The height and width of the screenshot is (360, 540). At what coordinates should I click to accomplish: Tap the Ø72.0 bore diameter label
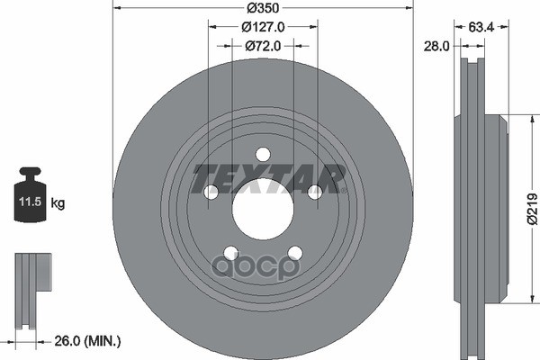click(x=262, y=45)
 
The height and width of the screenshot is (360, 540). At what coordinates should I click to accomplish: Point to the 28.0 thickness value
click(x=436, y=45)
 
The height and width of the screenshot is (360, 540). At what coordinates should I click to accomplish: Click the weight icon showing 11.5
click(x=31, y=193)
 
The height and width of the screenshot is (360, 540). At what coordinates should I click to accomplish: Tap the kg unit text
click(x=58, y=204)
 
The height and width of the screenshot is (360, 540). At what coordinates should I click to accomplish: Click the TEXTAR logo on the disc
click(x=269, y=177)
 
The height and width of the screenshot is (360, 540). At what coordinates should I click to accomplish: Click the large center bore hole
click(x=262, y=210)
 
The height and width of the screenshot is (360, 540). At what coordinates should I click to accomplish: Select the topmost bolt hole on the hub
click(x=262, y=154)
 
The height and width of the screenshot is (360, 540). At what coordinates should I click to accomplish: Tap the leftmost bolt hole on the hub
click(x=210, y=192)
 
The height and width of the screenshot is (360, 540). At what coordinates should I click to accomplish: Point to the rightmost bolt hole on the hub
click(x=315, y=192)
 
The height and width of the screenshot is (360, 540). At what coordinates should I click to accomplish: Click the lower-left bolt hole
click(x=229, y=253)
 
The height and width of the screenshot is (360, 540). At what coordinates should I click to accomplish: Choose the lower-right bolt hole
click(x=294, y=253)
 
